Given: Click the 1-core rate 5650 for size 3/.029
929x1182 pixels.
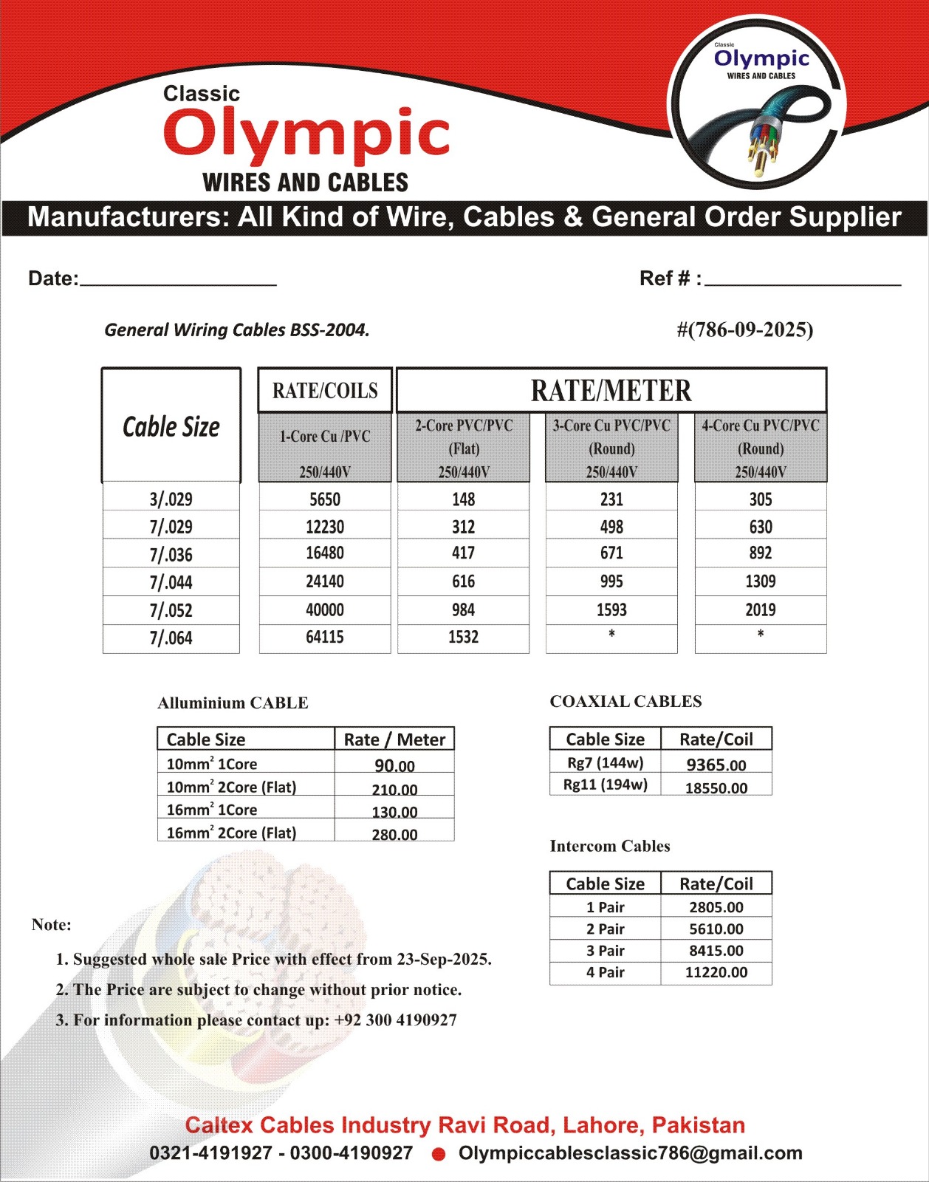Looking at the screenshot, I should [x=325, y=499].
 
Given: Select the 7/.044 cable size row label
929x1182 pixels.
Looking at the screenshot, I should [x=171, y=582].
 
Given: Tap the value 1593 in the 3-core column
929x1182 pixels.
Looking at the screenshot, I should [x=611, y=609].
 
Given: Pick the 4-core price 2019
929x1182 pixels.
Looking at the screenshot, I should [x=761, y=609].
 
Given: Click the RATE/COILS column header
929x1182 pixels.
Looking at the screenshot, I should [x=325, y=390].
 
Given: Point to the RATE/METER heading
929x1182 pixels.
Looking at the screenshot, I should [x=611, y=390].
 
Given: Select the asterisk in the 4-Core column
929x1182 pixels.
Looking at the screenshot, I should [x=761, y=634].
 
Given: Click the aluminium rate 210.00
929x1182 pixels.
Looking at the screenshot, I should [x=394, y=789].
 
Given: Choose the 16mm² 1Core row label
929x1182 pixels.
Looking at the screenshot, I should [x=212, y=810].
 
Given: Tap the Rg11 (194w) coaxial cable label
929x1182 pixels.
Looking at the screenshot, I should [x=606, y=785].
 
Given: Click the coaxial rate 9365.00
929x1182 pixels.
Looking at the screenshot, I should [x=716, y=765].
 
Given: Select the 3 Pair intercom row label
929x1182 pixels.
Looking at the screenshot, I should [x=606, y=951].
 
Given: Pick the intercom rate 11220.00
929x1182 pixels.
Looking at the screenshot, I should [x=716, y=972].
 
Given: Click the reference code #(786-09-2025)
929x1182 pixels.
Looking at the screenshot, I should [x=745, y=329].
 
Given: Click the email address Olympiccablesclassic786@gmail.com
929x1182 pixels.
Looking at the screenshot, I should [x=630, y=1152].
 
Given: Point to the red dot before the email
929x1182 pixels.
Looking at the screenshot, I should [x=439, y=1154].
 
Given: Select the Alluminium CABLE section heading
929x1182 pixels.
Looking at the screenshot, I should [x=233, y=703].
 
